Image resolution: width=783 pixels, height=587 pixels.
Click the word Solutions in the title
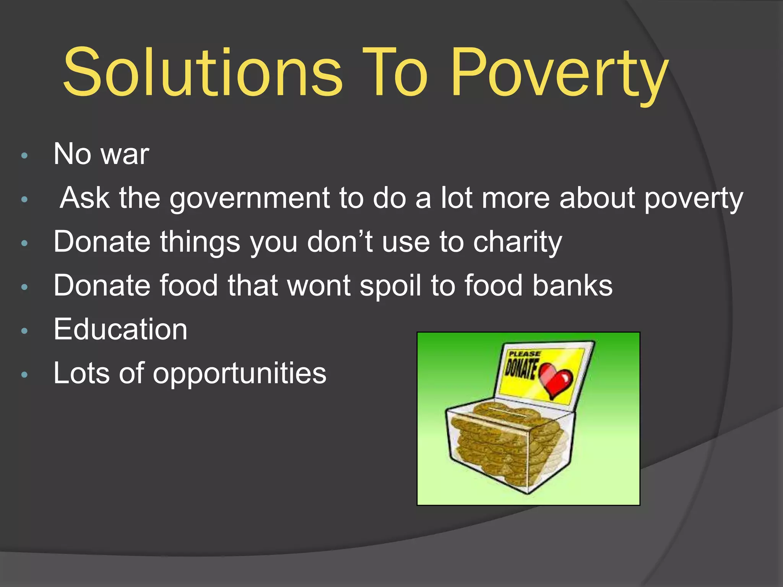coord(203,73)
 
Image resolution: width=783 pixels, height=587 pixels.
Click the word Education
coord(120,329)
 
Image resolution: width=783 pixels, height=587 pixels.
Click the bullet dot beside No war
coord(24,156)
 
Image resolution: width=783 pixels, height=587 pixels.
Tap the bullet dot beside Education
coord(24,331)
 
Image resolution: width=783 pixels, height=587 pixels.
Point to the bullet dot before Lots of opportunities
coord(24,375)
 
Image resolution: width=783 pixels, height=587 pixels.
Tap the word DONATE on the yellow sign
coord(521,368)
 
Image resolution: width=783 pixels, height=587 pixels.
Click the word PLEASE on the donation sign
coord(524,354)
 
